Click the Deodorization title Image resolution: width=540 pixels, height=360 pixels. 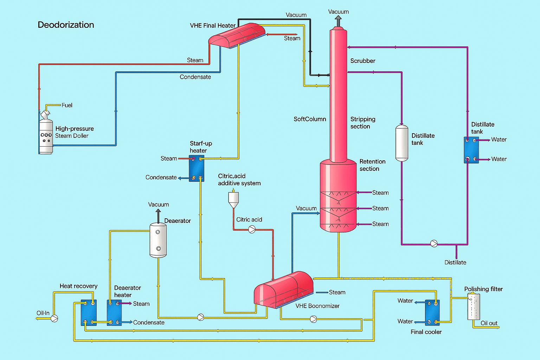[x=66, y=25]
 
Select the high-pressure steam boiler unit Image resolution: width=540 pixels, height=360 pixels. [x=46, y=135]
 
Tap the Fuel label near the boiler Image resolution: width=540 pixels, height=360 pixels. [x=67, y=105]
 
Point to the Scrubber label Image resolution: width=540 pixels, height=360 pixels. [x=362, y=61]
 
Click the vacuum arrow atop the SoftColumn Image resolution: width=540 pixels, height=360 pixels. [x=338, y=21]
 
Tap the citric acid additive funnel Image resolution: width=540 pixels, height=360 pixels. [x=233, y=200]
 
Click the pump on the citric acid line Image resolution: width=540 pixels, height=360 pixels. [x=252, y=230]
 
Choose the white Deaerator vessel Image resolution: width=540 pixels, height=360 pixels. [x=158, y=240]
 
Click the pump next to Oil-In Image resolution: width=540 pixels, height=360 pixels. [x=54, y=319]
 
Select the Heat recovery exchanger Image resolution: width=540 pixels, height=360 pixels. [x=89, y=313]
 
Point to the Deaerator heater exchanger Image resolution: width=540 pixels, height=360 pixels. [x=114, y=313]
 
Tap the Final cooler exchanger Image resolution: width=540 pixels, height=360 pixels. [x=432, y=312]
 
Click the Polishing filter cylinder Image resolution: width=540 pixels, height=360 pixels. [x=474, y=307]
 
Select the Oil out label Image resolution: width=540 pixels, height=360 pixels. [x=489, y=323]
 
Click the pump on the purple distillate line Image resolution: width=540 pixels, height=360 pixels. [x=434, y=244]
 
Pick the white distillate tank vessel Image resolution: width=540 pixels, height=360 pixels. [x=402, y=143]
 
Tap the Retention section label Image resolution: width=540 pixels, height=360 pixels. [x=372, y=165]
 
